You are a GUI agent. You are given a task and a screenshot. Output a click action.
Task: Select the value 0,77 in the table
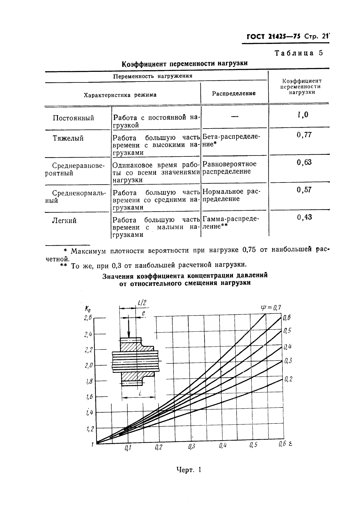pyautogui.click(x=304, y=135)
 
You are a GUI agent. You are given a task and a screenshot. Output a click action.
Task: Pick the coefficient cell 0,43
pyautogui.click(x=304, y=217)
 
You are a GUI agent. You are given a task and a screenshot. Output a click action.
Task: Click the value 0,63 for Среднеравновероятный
pyautogui.click(x=304, y=162)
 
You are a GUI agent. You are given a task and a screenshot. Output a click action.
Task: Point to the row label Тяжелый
pyautogui.click(x=68, y=139)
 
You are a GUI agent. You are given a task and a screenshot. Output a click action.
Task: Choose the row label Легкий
pyautogui.click(x=64, y=221)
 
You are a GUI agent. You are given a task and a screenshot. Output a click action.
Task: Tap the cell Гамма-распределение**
pyautogui.click(x=230, y=223)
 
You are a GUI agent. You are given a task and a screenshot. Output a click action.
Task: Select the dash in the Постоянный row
pyautogui.click(x=234, y=117)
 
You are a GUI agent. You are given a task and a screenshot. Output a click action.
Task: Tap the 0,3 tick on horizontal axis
pyautogui.click(x=191, y=446)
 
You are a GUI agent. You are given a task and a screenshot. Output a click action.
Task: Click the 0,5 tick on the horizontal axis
pyautogui.click(x=254, y=445)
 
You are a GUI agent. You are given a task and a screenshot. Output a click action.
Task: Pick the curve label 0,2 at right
pyautogui.click(x=288, y=379)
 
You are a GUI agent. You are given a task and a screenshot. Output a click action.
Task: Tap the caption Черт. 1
pyautogui.click(x=189, y=470)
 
